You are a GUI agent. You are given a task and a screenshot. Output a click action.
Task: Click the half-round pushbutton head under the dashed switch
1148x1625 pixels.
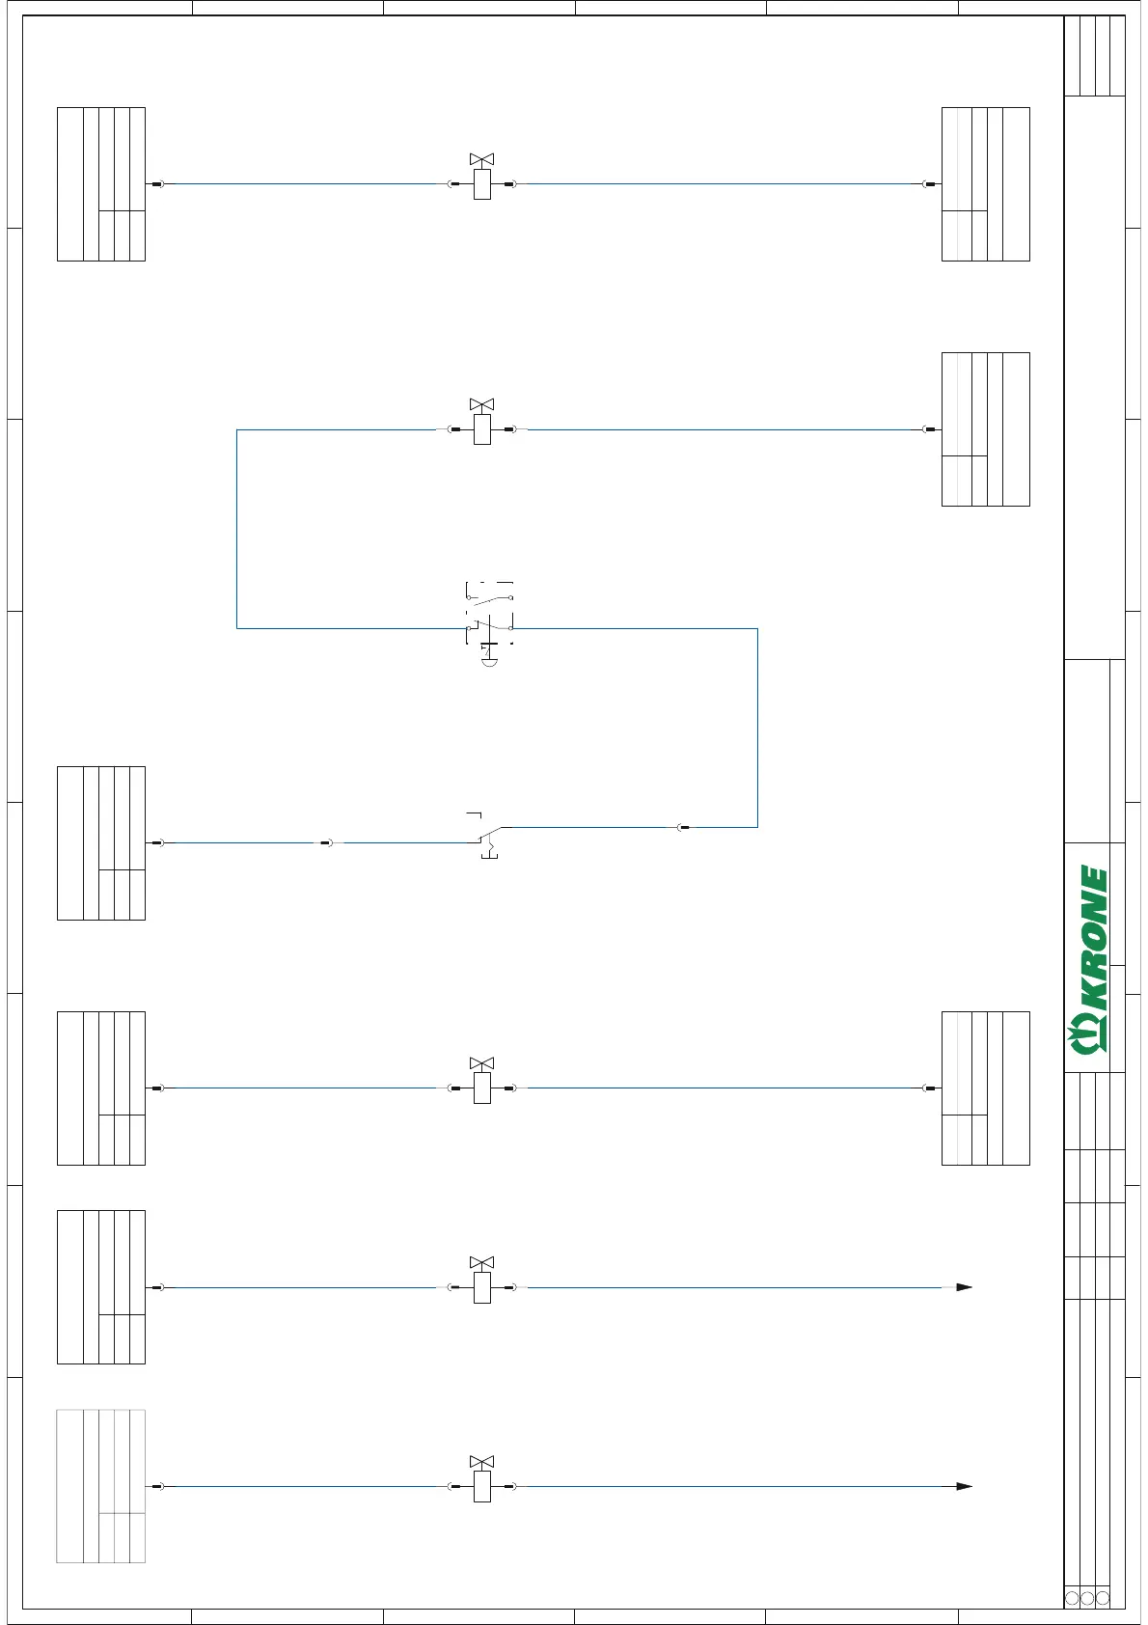pyautogui.click(x=489, y=662)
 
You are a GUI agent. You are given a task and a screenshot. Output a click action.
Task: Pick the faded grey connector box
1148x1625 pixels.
pyautogui.click(x=100, y=1486)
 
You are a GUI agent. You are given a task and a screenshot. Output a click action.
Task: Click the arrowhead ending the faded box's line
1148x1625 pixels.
pyautogui.click(x=964, y=1486)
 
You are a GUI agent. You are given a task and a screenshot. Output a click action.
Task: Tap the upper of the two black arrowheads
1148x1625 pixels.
pyautogui.click(x=964, y=1287)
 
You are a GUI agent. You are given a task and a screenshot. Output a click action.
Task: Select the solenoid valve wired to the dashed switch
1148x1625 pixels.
pyautogui.click(x=482, y=428)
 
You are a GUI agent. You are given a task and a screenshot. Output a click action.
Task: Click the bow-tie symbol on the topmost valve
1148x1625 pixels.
pyautogui.click(x=481, y=159)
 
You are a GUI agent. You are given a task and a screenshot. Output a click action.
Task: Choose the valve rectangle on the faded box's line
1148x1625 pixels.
pyautogui.click(x=482, y=1486)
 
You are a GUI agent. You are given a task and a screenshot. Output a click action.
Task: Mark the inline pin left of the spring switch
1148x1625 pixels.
pyautogui.click(x=327, y=842)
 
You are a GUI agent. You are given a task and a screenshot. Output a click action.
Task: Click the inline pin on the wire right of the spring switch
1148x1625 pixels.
pyautogui.click(x=683, y=827)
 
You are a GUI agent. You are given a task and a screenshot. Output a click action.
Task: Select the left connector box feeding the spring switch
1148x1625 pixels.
pyautogui.click(x=100, y=842)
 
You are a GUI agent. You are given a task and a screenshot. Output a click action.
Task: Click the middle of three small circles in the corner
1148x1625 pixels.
pyautogui.click(x=1087, y=1598)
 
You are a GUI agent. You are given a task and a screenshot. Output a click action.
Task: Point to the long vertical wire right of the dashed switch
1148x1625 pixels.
pyautogui.click(x=757, y=728)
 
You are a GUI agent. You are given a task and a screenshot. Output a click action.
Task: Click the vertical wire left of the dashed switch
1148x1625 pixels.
pyautogui.click(x=237, y=529)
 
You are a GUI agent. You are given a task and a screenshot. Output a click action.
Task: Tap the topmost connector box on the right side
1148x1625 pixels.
pyautogui.click(x=985, y=183)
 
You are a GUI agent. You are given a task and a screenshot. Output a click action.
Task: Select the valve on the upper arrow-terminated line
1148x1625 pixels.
pyautogui.click(x=482, y=1287)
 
